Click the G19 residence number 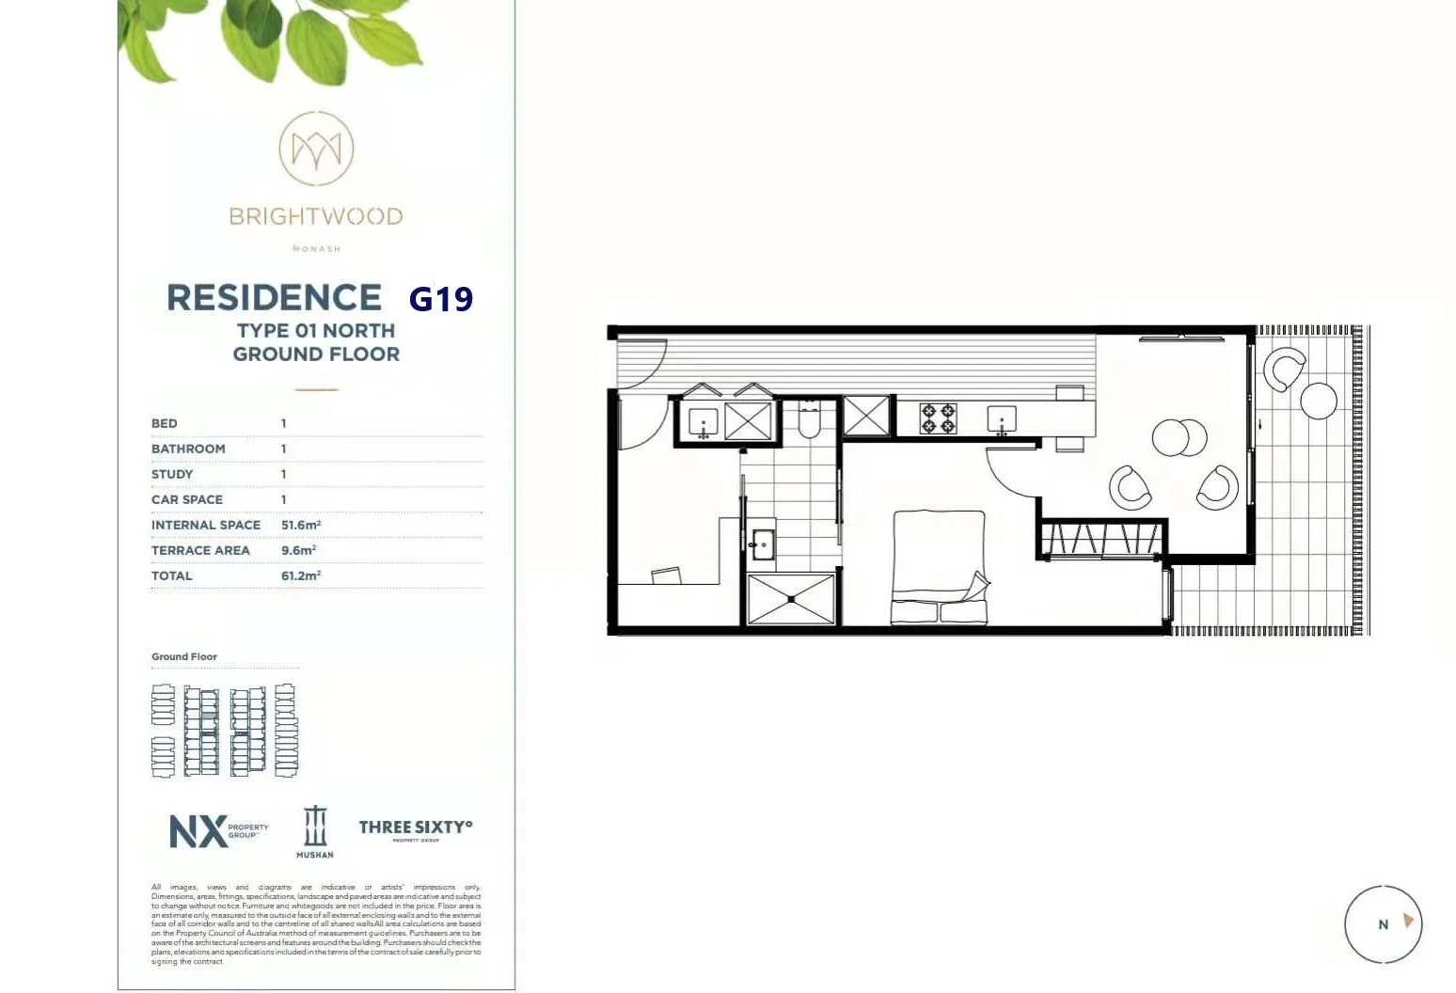coord(440,299)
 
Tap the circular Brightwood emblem coord(316,149)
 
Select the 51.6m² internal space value coord(301,525)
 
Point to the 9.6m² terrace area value coord(298,550)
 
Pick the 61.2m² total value coord(301,575)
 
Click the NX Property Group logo coord(217,830)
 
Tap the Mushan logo coord(315,831)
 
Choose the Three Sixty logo coord(415,828)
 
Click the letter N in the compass coord(1383,924)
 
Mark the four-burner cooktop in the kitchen coord(938,418)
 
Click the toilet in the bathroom coord(810,421)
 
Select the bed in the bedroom coord(939,567)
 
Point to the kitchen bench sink coord(1002,419)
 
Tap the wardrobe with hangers coord(1101,540)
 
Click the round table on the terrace coord(1319,401)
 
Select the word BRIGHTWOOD coord(316,216)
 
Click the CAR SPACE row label coord(187,499)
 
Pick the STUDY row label coord(172,474)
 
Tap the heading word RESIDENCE coord(274,298)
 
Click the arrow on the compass coord(1408,921)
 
